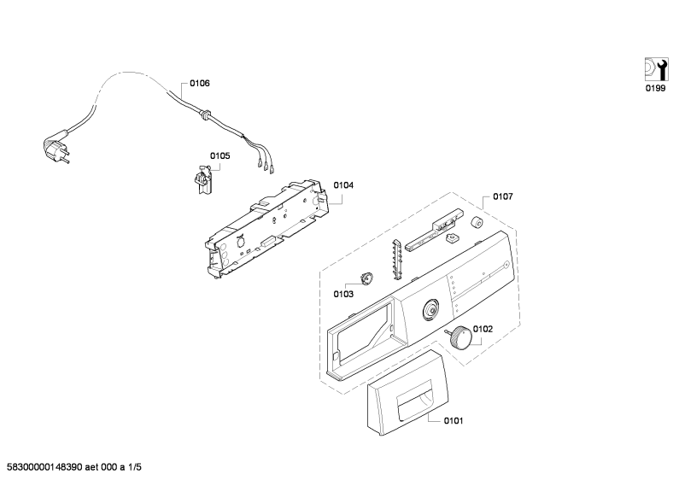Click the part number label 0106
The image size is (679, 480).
point(200,83)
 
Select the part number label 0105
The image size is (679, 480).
point(220,156)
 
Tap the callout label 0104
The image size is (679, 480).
point(343,185)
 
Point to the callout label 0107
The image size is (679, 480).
point(503,196)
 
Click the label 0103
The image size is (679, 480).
point(343,294)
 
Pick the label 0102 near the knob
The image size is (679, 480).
point(483,329)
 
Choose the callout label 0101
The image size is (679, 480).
point(454,421)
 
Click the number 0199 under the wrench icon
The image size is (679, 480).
point(656,88)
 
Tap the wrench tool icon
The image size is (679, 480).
point(656,69)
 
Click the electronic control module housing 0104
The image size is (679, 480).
point(266,227)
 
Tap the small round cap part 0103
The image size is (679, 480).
point(367,278)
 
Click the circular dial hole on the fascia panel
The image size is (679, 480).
point(430,309)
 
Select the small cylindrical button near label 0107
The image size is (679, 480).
point(477,222)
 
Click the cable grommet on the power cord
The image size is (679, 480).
point(205,114)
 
